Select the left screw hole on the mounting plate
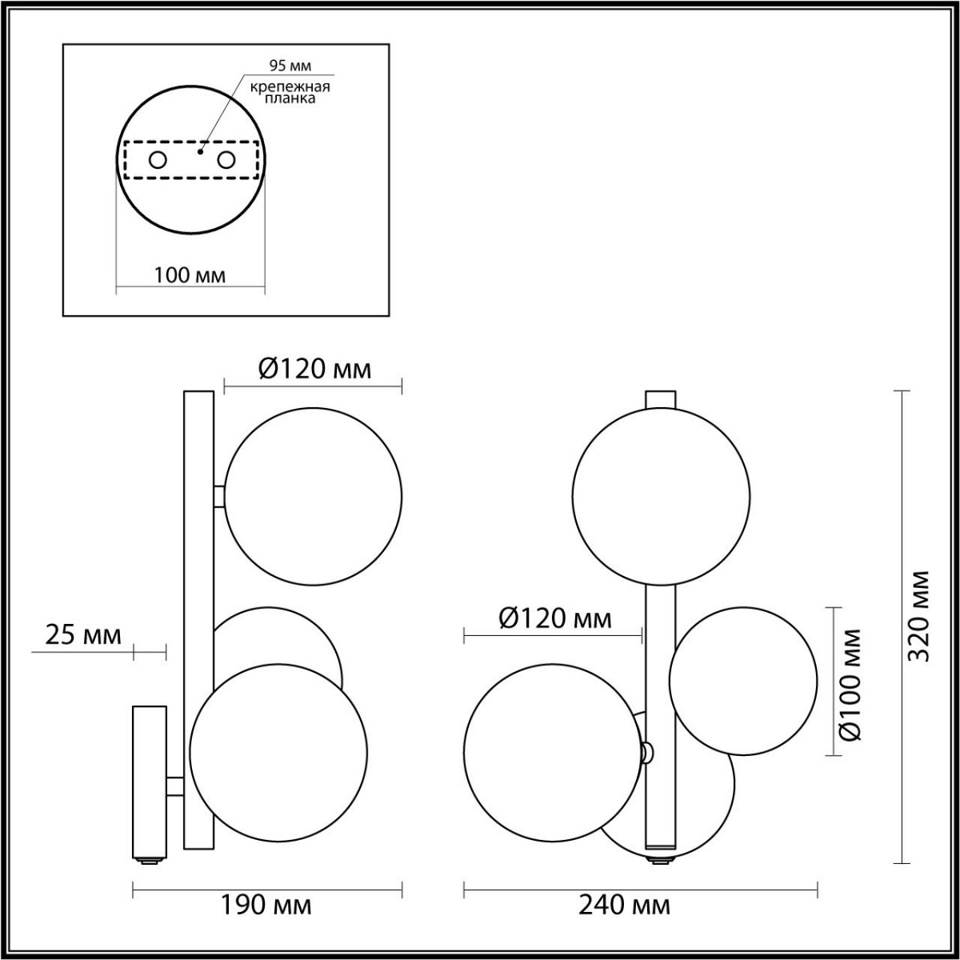(158, 161)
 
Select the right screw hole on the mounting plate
(227, 161)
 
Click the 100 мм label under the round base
(190, 276)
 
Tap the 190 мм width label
(267, 906)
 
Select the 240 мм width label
(626, 906)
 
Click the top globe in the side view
(313, 496)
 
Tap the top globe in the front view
(661, 496)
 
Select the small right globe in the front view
(743, 681)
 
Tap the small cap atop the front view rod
(661, 398)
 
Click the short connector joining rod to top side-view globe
(219, 496)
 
